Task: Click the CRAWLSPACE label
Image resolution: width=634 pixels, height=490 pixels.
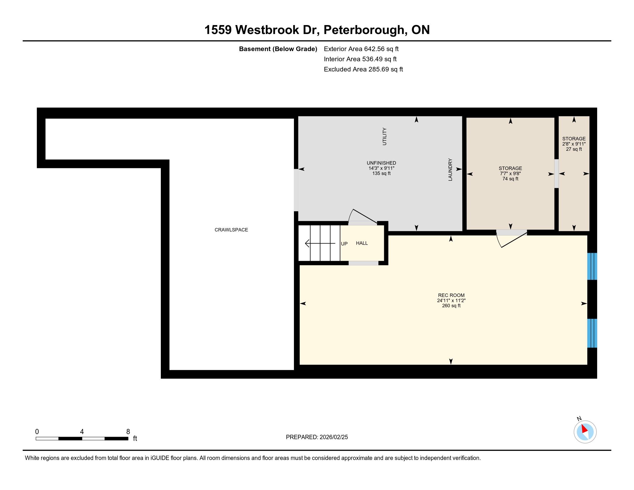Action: click(231, 230)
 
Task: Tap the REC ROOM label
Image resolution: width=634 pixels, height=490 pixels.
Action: click(451, 295)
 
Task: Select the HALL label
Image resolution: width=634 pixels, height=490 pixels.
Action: click(362, 243)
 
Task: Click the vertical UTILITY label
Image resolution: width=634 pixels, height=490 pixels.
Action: click(384, 136)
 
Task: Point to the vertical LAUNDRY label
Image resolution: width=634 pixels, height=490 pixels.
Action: click(450, 169)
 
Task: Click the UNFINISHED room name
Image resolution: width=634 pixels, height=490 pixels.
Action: click(381, 163)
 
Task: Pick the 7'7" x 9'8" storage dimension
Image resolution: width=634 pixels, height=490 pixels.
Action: click(510, 174)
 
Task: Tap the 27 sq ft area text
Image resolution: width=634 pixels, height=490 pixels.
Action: click(574, 149)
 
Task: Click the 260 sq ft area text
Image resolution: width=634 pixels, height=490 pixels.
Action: click(451, 306)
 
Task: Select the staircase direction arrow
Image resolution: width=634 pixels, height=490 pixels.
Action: click(320, 243)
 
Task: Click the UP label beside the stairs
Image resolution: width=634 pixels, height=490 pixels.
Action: click(344, 244)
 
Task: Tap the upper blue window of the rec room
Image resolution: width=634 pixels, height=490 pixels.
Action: click(592, 266)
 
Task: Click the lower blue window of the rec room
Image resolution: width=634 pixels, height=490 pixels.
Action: click(592, 333)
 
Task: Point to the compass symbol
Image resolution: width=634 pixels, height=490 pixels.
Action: click(585, 432)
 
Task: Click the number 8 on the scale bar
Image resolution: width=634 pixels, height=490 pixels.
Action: click(128, 432)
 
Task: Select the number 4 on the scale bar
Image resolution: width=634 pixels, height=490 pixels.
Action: click(82, 432)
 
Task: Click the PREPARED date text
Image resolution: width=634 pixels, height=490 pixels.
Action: click(317, 437)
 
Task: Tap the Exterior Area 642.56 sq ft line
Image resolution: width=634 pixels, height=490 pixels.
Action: click(361, 49)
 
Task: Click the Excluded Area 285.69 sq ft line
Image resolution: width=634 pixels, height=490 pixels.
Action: click(363, 69)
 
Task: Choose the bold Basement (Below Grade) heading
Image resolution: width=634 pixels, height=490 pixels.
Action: click(278, 49)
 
